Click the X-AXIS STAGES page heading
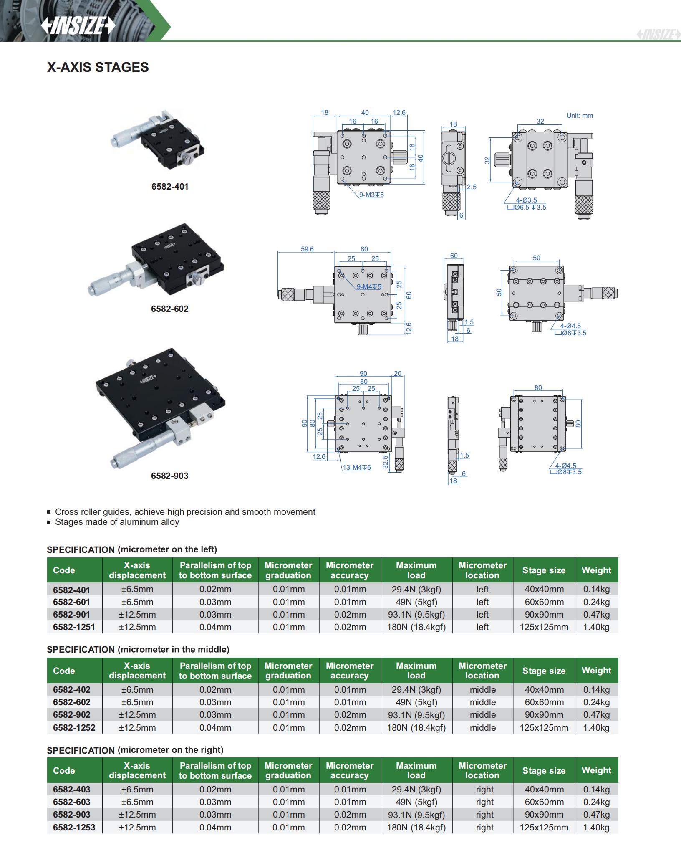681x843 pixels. coord(98,67)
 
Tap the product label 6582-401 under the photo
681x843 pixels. coord(170,187)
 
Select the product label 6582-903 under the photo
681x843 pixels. coord(170,476)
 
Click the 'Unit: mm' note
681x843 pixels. coord(579,116)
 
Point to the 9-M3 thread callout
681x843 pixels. coord(371,195)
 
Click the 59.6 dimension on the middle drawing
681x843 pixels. coord(307,249)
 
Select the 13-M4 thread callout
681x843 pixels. coord(356,467)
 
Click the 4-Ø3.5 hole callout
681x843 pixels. coord(526,200)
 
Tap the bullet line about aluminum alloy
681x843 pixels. coord(117,522)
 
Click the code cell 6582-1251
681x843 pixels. coord(74,627)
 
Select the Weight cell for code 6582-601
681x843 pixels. coord(596,602)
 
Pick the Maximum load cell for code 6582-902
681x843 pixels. coord(416,715)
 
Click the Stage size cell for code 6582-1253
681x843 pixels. coord(544,827)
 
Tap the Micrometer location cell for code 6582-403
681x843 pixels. coord(484,790)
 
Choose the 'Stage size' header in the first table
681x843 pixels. coord(544,570)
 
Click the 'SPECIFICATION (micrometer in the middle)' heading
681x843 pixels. coord(138,649)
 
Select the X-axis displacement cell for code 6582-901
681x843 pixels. coord(137,615)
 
